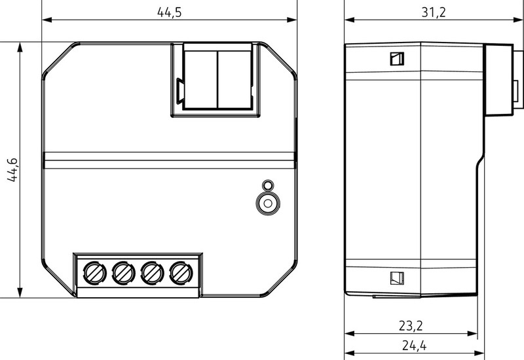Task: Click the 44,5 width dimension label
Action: point(170,12)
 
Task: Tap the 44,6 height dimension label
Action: point(12,170)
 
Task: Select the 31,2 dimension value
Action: point(434,12)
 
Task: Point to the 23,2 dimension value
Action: point(411,325)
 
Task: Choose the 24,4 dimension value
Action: point(414,346)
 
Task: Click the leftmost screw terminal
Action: point(94,273)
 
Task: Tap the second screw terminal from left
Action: point(123,273)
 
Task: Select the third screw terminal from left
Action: point(152,273)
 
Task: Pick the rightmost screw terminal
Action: point(181,273)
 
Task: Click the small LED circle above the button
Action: point(268,185)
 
